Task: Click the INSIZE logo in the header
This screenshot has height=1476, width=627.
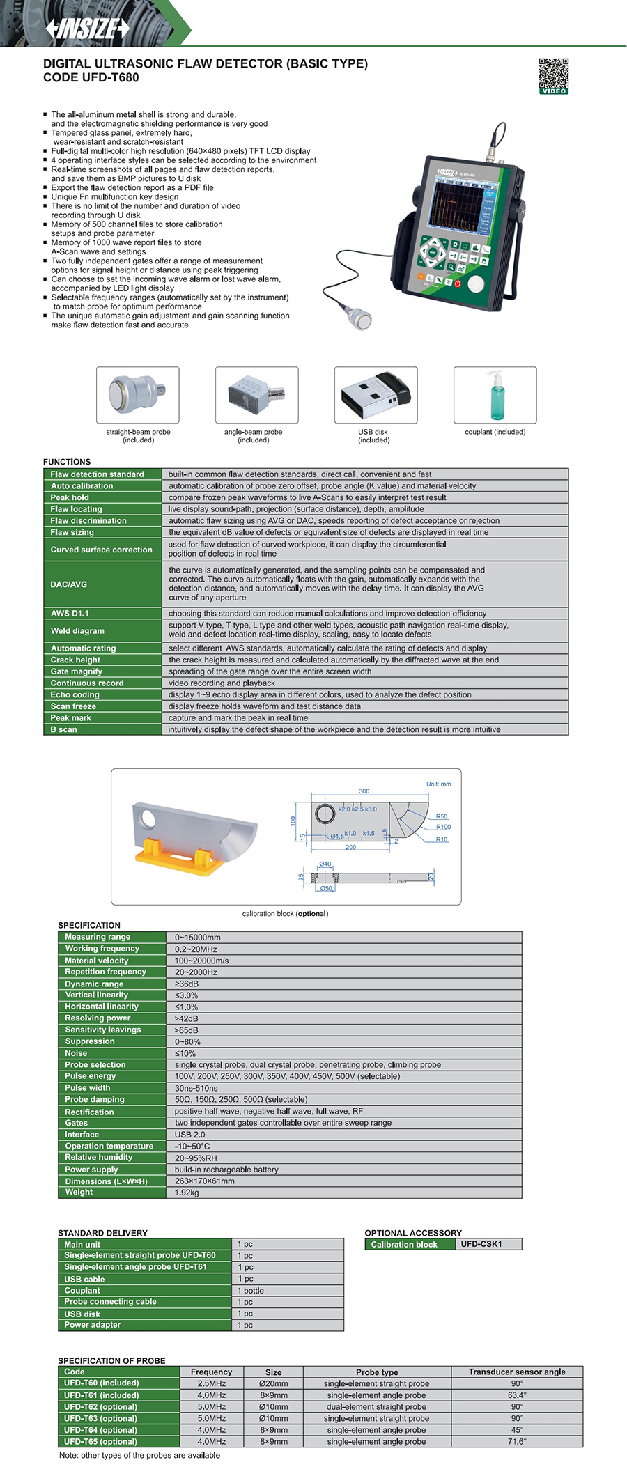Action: point(88,28)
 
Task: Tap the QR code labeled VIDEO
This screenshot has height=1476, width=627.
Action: point(553,75)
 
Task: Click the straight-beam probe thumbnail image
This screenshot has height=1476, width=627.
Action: point(138,394)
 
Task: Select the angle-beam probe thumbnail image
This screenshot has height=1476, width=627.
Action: point(256,394)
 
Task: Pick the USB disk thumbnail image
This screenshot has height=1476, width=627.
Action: point(376,394)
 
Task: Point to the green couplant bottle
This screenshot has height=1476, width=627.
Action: point(495,396)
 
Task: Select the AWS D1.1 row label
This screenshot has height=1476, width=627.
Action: point(70,614)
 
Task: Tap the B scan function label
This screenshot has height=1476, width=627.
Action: point(64,729)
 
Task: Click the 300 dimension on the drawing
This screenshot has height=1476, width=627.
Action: point(364,791)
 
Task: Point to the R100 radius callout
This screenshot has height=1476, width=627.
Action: point(443,827)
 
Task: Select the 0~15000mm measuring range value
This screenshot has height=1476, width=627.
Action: point(198,938)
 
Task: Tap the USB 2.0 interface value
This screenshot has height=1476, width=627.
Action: point(190,1135)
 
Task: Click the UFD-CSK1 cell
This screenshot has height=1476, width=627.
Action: point(481,1244)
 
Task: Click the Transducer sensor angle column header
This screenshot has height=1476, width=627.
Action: point(517,1372)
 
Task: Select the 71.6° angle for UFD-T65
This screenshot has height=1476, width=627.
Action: point(517,1441)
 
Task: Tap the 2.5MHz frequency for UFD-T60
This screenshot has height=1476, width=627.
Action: point(212,1383)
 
